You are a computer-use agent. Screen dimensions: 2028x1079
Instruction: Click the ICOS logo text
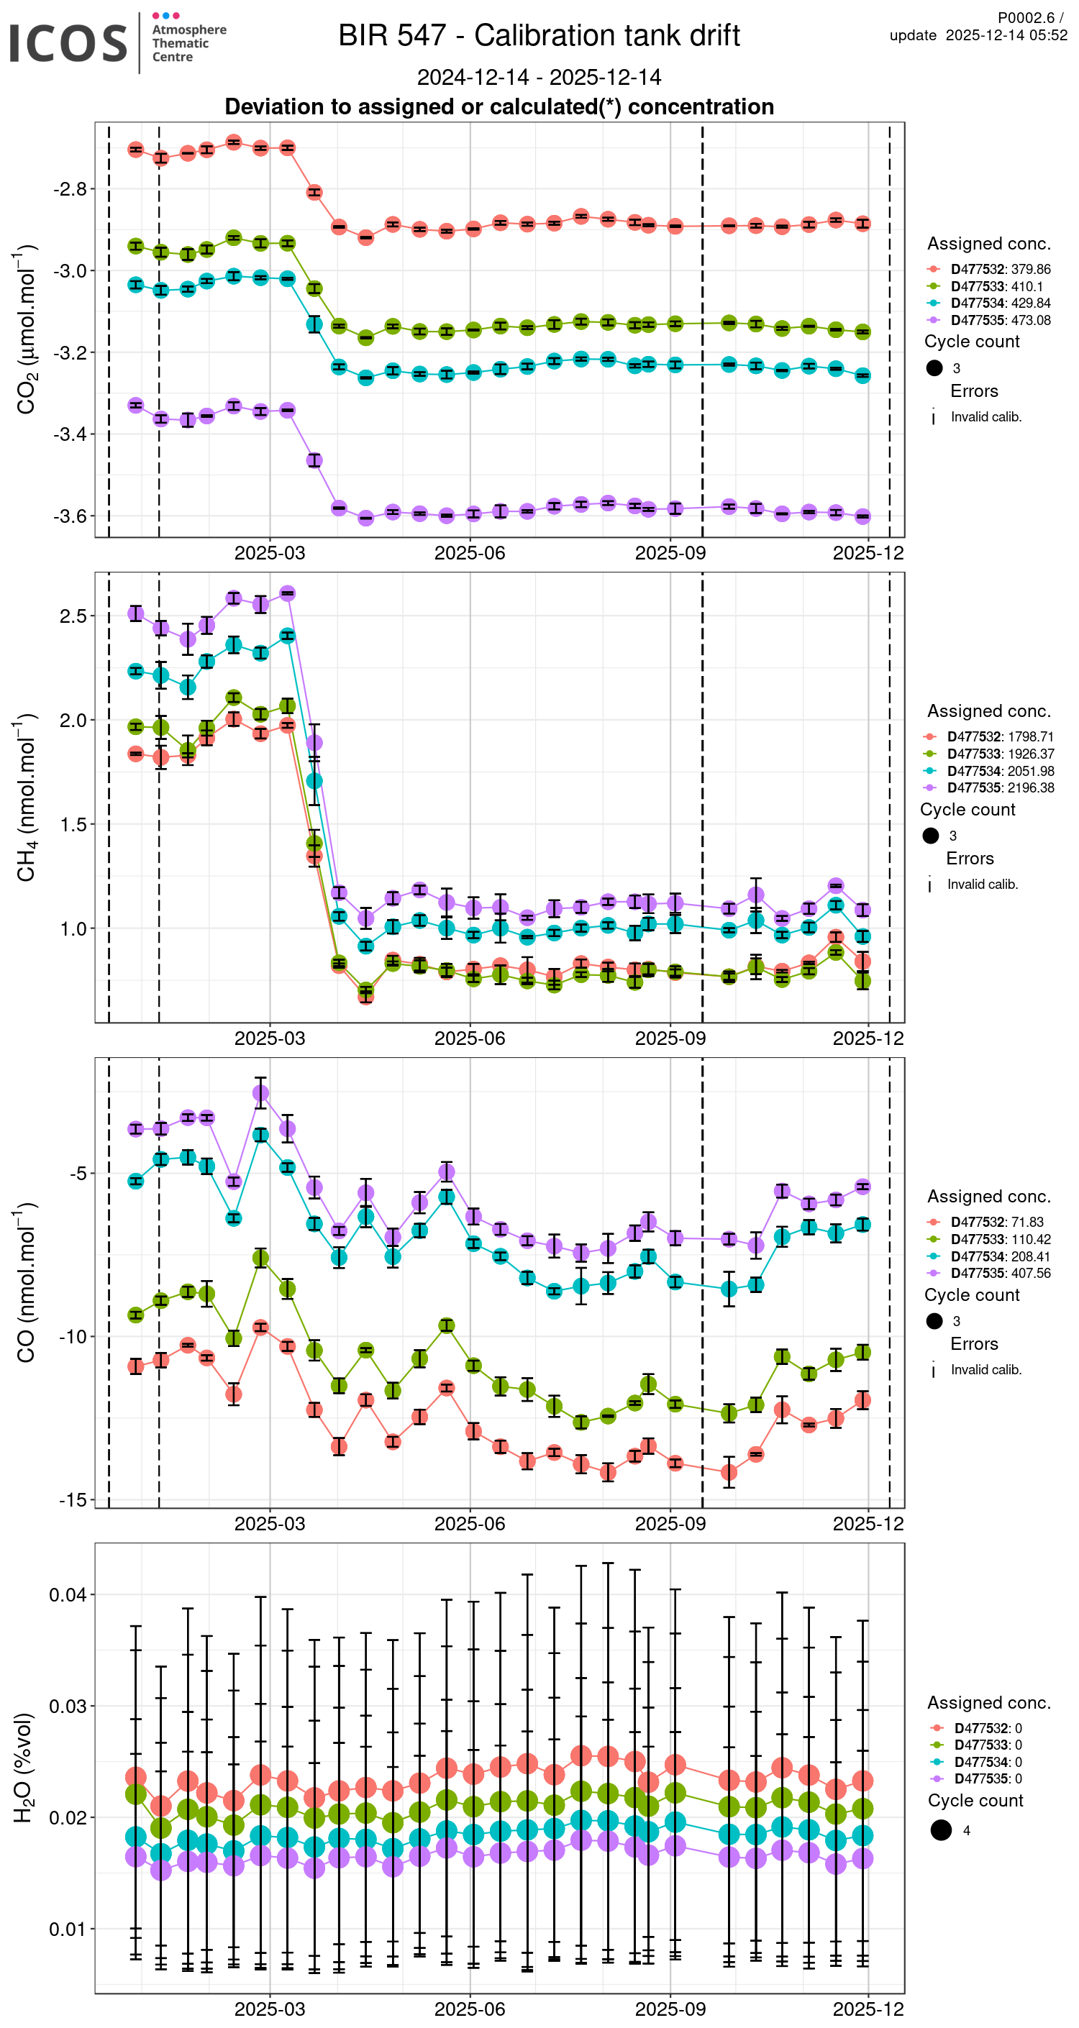tap(68, 42)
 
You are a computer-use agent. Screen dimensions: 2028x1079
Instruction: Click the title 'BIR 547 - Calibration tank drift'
tap(539, 35)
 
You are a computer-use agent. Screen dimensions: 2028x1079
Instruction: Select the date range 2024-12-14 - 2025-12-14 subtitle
tap(539, 77)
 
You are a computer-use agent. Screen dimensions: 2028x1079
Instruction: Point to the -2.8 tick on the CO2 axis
tap(69, 189)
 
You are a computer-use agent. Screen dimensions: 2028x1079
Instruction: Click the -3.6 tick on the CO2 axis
tap(69, 516)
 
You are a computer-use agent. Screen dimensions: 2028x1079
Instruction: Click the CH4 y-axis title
tap(26, 798)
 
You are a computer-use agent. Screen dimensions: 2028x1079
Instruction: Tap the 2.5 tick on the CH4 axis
tap(73, 616)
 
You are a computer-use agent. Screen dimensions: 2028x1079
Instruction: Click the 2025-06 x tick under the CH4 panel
tap(470, 1038)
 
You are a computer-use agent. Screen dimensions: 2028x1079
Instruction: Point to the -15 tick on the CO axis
tap(73, 1499)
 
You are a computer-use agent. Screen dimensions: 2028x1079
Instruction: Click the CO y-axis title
tap(26, 1283)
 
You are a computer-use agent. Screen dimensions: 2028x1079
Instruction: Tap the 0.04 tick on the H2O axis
tap(68, 1595)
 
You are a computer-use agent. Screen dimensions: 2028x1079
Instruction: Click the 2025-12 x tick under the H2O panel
tap(868, 2009)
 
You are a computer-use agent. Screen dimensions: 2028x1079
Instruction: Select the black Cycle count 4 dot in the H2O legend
tap(940, 1830)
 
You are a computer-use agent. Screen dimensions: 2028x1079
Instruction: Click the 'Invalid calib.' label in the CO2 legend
tap(985, 417)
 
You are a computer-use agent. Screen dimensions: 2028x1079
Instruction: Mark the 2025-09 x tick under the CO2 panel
tap(670, 554)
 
